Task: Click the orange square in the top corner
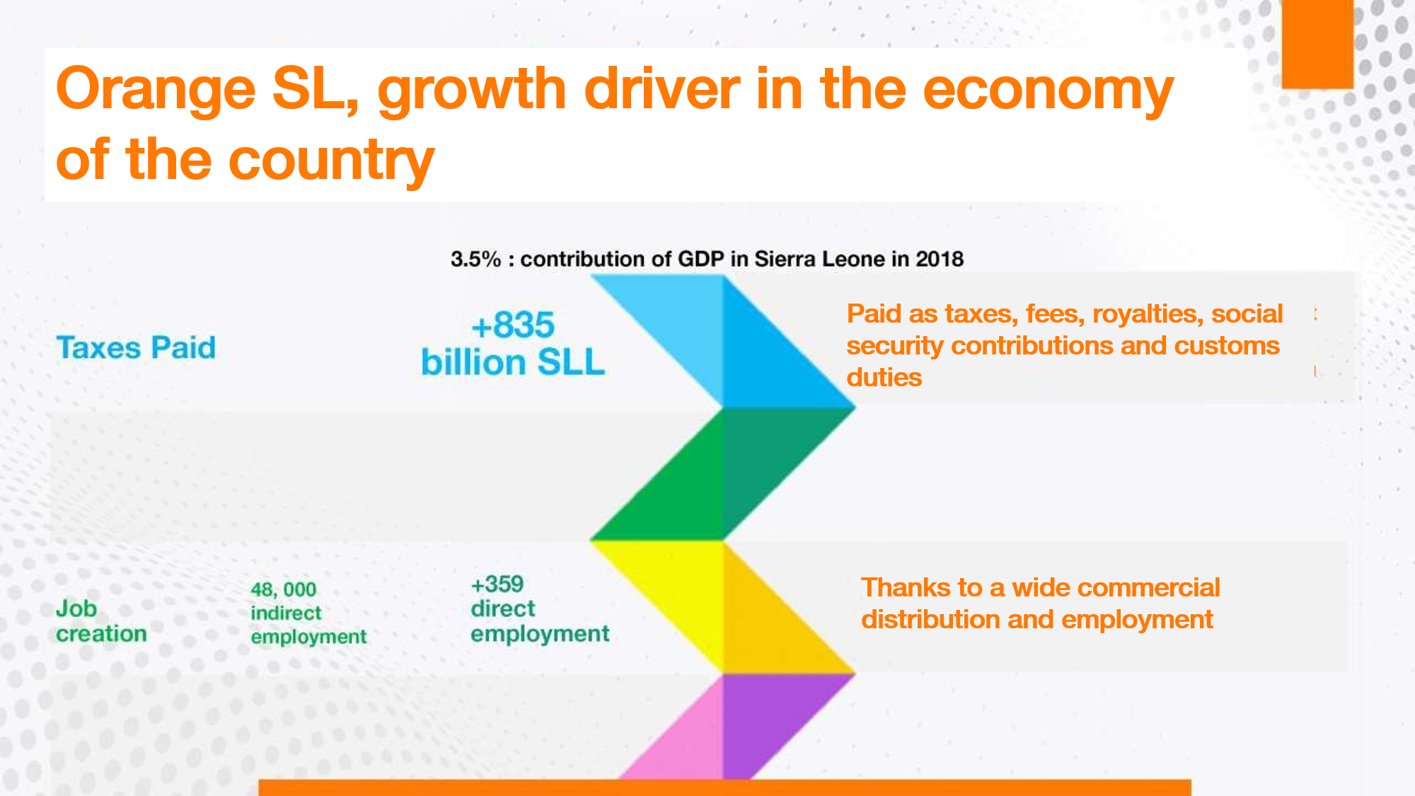coord(1317,44)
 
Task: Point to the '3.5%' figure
coord(475,259)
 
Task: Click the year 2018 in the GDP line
coord(940,259)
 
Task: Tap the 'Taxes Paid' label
coord(136,347)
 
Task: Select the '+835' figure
coord(513,325)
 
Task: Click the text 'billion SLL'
coord(513,362)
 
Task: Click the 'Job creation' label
coord(101,621)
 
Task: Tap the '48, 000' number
coord(283,589)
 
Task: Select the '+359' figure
coord(497,584)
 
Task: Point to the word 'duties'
coord(884,377)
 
